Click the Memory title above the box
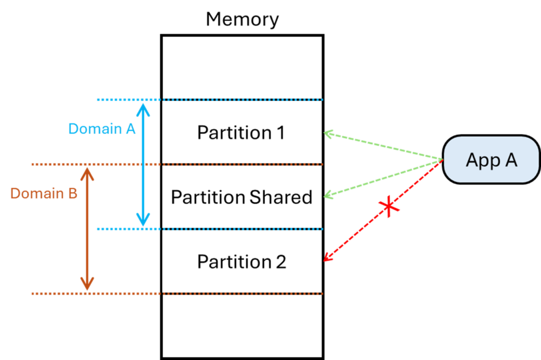tap(242, 20)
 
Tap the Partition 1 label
tap(241, 132)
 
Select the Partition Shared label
tap(241, 197)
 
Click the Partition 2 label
tap(241, 262)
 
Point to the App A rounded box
tap(491, 159)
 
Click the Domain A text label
tap(102, 128)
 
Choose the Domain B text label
tap(44, 194)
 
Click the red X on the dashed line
tap(390, 207)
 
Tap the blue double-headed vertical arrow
tap(143, 164)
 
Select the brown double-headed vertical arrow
tap(87, 229)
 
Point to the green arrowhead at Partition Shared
tap(328, 196)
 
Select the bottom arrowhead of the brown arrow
tap(87, 285)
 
